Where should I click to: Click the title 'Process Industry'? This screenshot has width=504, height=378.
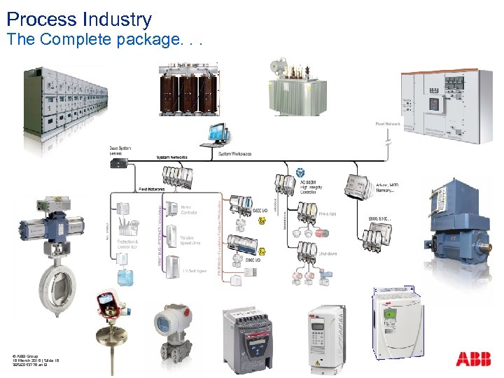pos(78,19)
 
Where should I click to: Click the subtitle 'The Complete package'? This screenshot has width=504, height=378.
pos(104,40)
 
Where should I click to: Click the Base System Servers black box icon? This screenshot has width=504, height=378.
pos(118,162)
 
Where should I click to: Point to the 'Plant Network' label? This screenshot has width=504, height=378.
pos(387,124)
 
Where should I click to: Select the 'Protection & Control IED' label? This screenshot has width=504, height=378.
pos(127,244)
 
